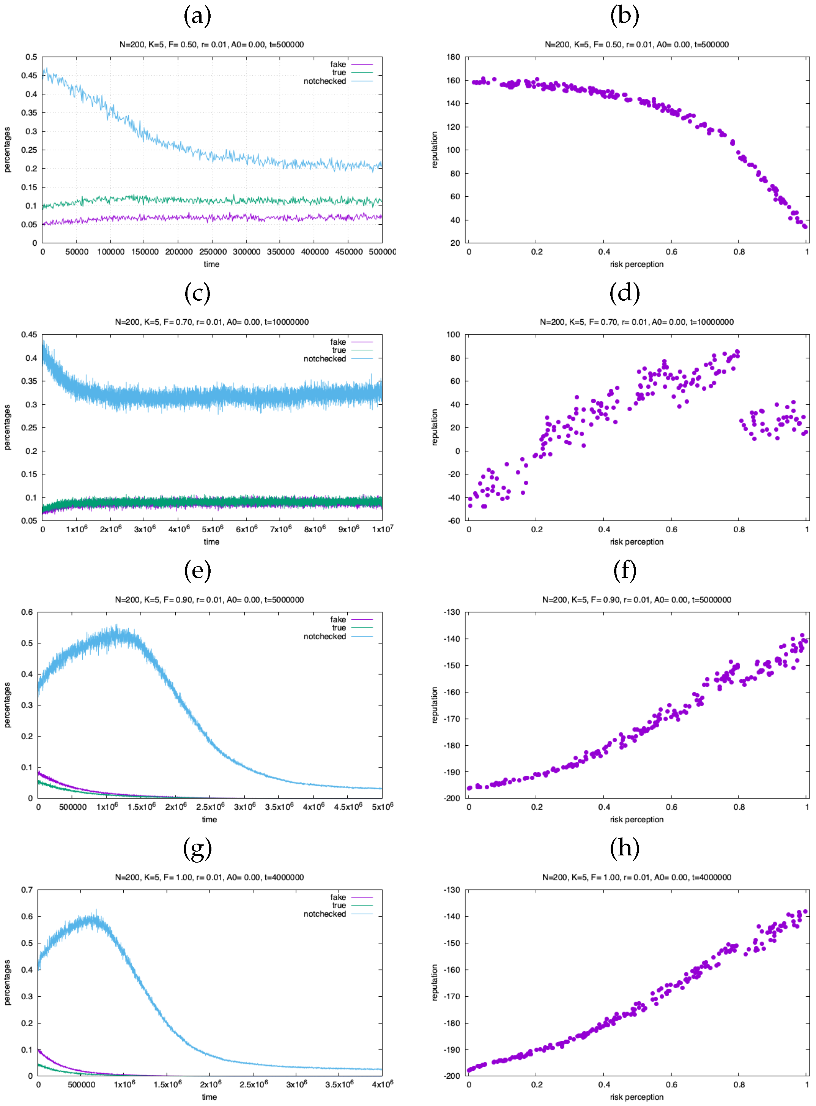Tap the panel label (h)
point(624,849)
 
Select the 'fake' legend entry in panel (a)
point(338,64)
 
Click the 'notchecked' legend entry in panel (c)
point(325,359)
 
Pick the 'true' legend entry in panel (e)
point(339,628)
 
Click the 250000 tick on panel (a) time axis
point(213,252)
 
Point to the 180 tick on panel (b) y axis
point(453,57)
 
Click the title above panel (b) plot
point(636,44)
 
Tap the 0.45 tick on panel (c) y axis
point(28,334)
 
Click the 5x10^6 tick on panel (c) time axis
point(213,529)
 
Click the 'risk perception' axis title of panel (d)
point(636,542)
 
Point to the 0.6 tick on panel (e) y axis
point(27,612)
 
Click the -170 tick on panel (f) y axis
point(452,719)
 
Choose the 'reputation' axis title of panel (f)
point(435,705)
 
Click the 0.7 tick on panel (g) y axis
point(27,890)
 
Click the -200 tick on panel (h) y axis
point(452,1076)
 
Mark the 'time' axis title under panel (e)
point(209,819)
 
